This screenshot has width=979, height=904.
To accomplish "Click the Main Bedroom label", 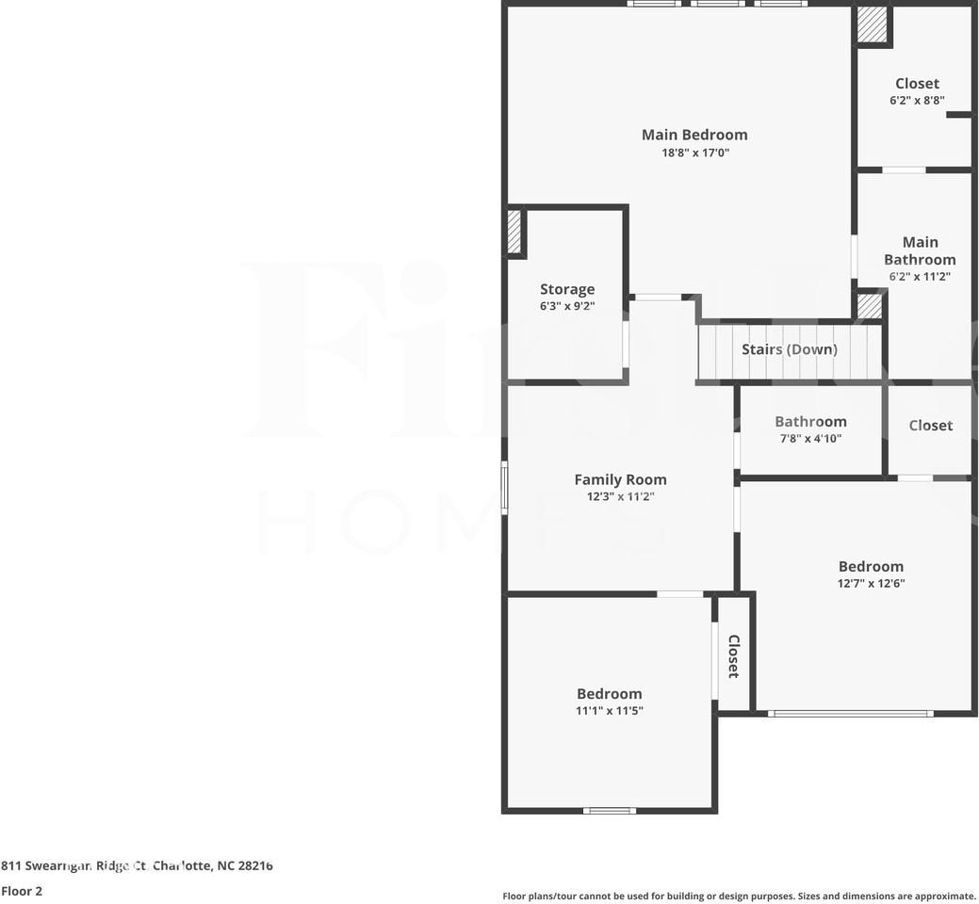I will pos(694,135).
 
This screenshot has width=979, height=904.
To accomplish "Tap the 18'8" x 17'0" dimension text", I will pos(694,153).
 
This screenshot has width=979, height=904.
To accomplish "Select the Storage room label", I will pos(567,289).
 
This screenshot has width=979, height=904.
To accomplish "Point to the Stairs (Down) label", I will pos(789,349).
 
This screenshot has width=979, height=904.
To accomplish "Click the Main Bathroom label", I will pos(920,250).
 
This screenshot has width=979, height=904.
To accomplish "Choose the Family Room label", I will pos(620,479).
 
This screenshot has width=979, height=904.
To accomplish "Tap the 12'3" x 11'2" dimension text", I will pos(620,496).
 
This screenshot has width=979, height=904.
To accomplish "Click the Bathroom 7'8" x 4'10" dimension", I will pos(809,438).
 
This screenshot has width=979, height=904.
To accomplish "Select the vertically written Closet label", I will pos(733,656).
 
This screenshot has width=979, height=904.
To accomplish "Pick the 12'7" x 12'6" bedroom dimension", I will pos(871,583).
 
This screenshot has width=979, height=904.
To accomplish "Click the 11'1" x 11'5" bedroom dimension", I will pos(609,711).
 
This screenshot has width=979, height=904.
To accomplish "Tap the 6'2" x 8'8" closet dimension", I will pos(917,100).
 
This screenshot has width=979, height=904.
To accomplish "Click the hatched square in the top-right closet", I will pos(873,24).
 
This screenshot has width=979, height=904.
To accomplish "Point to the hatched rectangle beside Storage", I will pos(514,231).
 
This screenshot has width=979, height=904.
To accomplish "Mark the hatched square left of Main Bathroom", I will pos(869,306).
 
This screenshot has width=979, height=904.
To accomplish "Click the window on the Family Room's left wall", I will pos(505,487).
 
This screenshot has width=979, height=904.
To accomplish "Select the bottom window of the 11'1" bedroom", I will pos(609,810).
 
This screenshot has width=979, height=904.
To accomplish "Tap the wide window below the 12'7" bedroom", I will pos(851,713).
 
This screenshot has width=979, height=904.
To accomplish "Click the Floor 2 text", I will pos(22,891).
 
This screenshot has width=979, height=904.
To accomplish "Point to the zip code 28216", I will pos(253,865).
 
